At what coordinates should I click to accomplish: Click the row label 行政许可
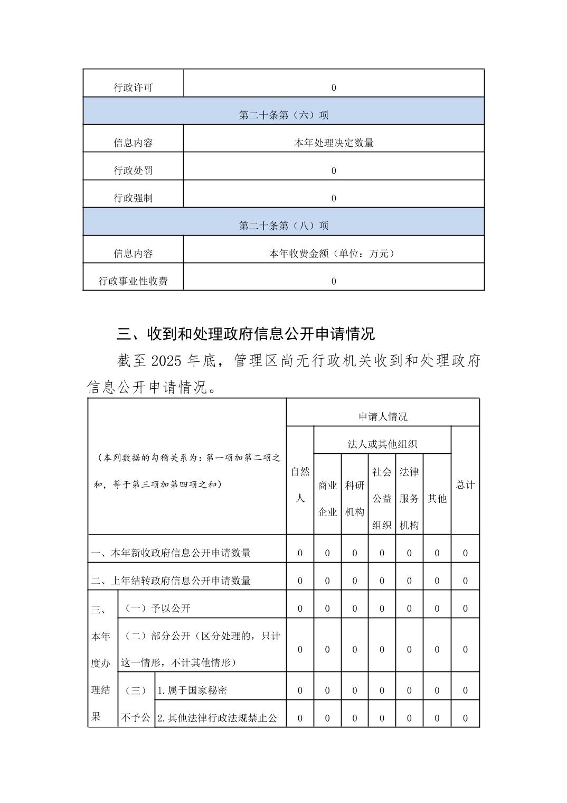(133, 88)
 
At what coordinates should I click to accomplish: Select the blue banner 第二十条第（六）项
(283, 115)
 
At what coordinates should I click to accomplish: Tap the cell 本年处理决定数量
(334, 143)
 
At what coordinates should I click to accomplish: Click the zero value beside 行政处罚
(334, 171)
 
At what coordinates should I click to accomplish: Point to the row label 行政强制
(133, 198)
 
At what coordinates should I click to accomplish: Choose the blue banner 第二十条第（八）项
(283, 226)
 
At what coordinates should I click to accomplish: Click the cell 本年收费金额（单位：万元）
(334, 254)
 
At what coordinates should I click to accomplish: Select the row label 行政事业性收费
(133, 281)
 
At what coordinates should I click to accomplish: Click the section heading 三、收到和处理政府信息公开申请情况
(245, 334)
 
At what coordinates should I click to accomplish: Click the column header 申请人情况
(383, 417)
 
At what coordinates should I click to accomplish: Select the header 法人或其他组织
(382, 444)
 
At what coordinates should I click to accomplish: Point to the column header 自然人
(300, 485)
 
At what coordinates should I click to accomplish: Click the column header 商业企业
(327, 498)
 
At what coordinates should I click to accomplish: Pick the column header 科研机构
(355, 498)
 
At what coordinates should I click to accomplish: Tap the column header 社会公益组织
(382, 498)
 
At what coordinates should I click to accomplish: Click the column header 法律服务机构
(409, 498)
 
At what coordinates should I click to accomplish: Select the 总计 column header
(465, 485)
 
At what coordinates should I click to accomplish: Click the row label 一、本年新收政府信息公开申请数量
(171, 553)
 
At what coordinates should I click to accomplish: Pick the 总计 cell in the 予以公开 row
(465, 609)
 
